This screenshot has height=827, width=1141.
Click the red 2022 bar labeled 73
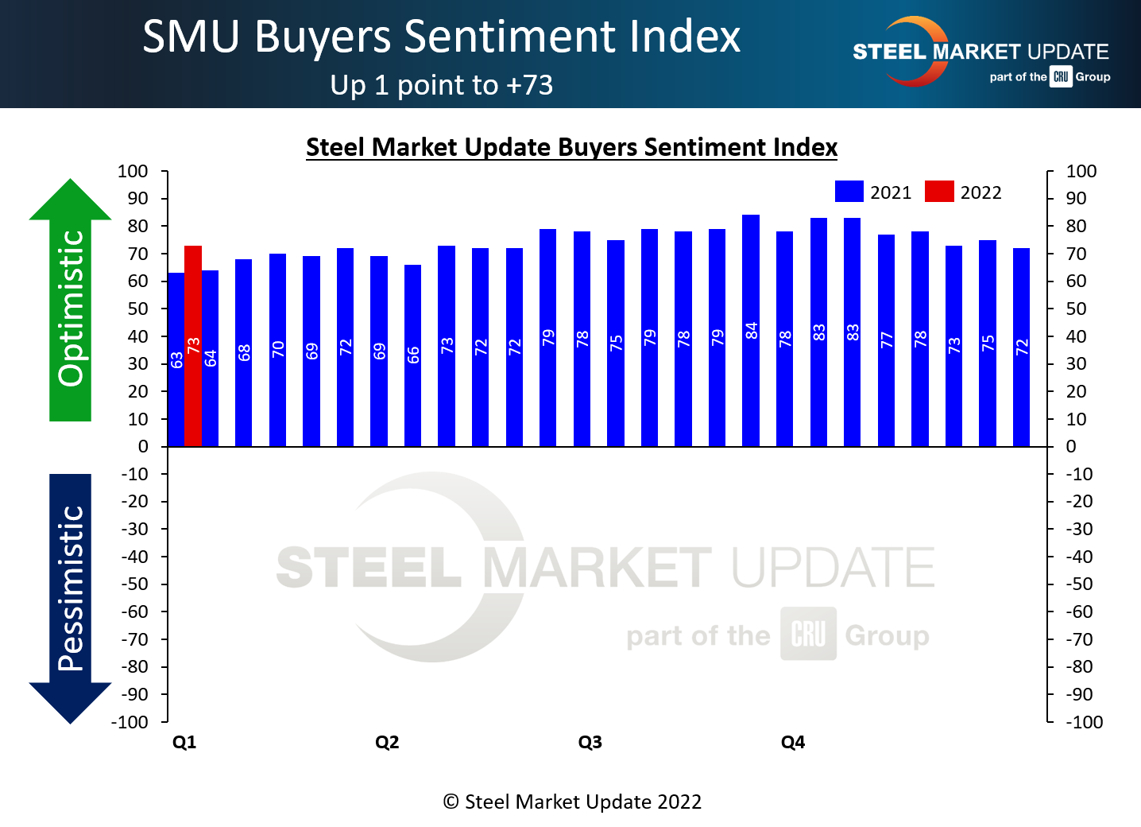tap(193, 346)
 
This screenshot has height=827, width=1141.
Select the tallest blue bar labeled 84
tap(751, 330)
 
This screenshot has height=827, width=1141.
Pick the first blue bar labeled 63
tap(176, 359)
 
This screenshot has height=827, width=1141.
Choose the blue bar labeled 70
tap(277, 350)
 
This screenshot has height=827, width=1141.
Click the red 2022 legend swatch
tap(939, 192)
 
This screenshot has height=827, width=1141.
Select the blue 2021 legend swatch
tap(849, 192)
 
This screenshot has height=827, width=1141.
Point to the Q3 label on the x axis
tap(590, 742)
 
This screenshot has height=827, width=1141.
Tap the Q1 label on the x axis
tap(184, 742)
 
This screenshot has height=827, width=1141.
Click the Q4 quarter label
tap(793, 742)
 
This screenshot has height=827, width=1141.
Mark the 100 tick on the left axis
tap(133, 171)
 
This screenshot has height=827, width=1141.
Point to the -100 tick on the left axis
tap(130, 722)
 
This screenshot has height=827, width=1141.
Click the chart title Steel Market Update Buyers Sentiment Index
tap(571, 147)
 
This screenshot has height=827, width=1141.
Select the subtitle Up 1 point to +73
tap(441, 85)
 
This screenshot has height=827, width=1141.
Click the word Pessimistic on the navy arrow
tap(72, 588)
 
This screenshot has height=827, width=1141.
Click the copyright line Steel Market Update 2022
tap(572, 802)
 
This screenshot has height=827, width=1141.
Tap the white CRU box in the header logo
tap(1061, 76)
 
